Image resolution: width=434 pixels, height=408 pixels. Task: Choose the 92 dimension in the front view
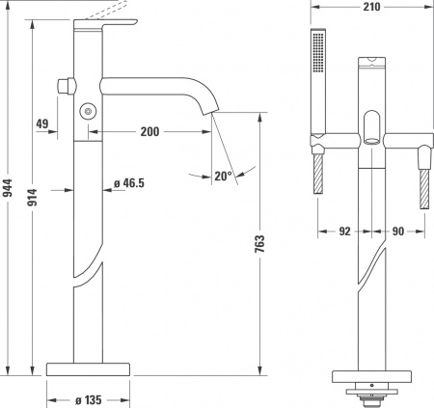(343, 231)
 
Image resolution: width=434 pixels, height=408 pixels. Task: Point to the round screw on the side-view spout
(90, 112)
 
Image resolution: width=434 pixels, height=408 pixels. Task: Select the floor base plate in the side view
(89, 368)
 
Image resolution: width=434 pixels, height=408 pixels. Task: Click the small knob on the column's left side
(66, 85)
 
